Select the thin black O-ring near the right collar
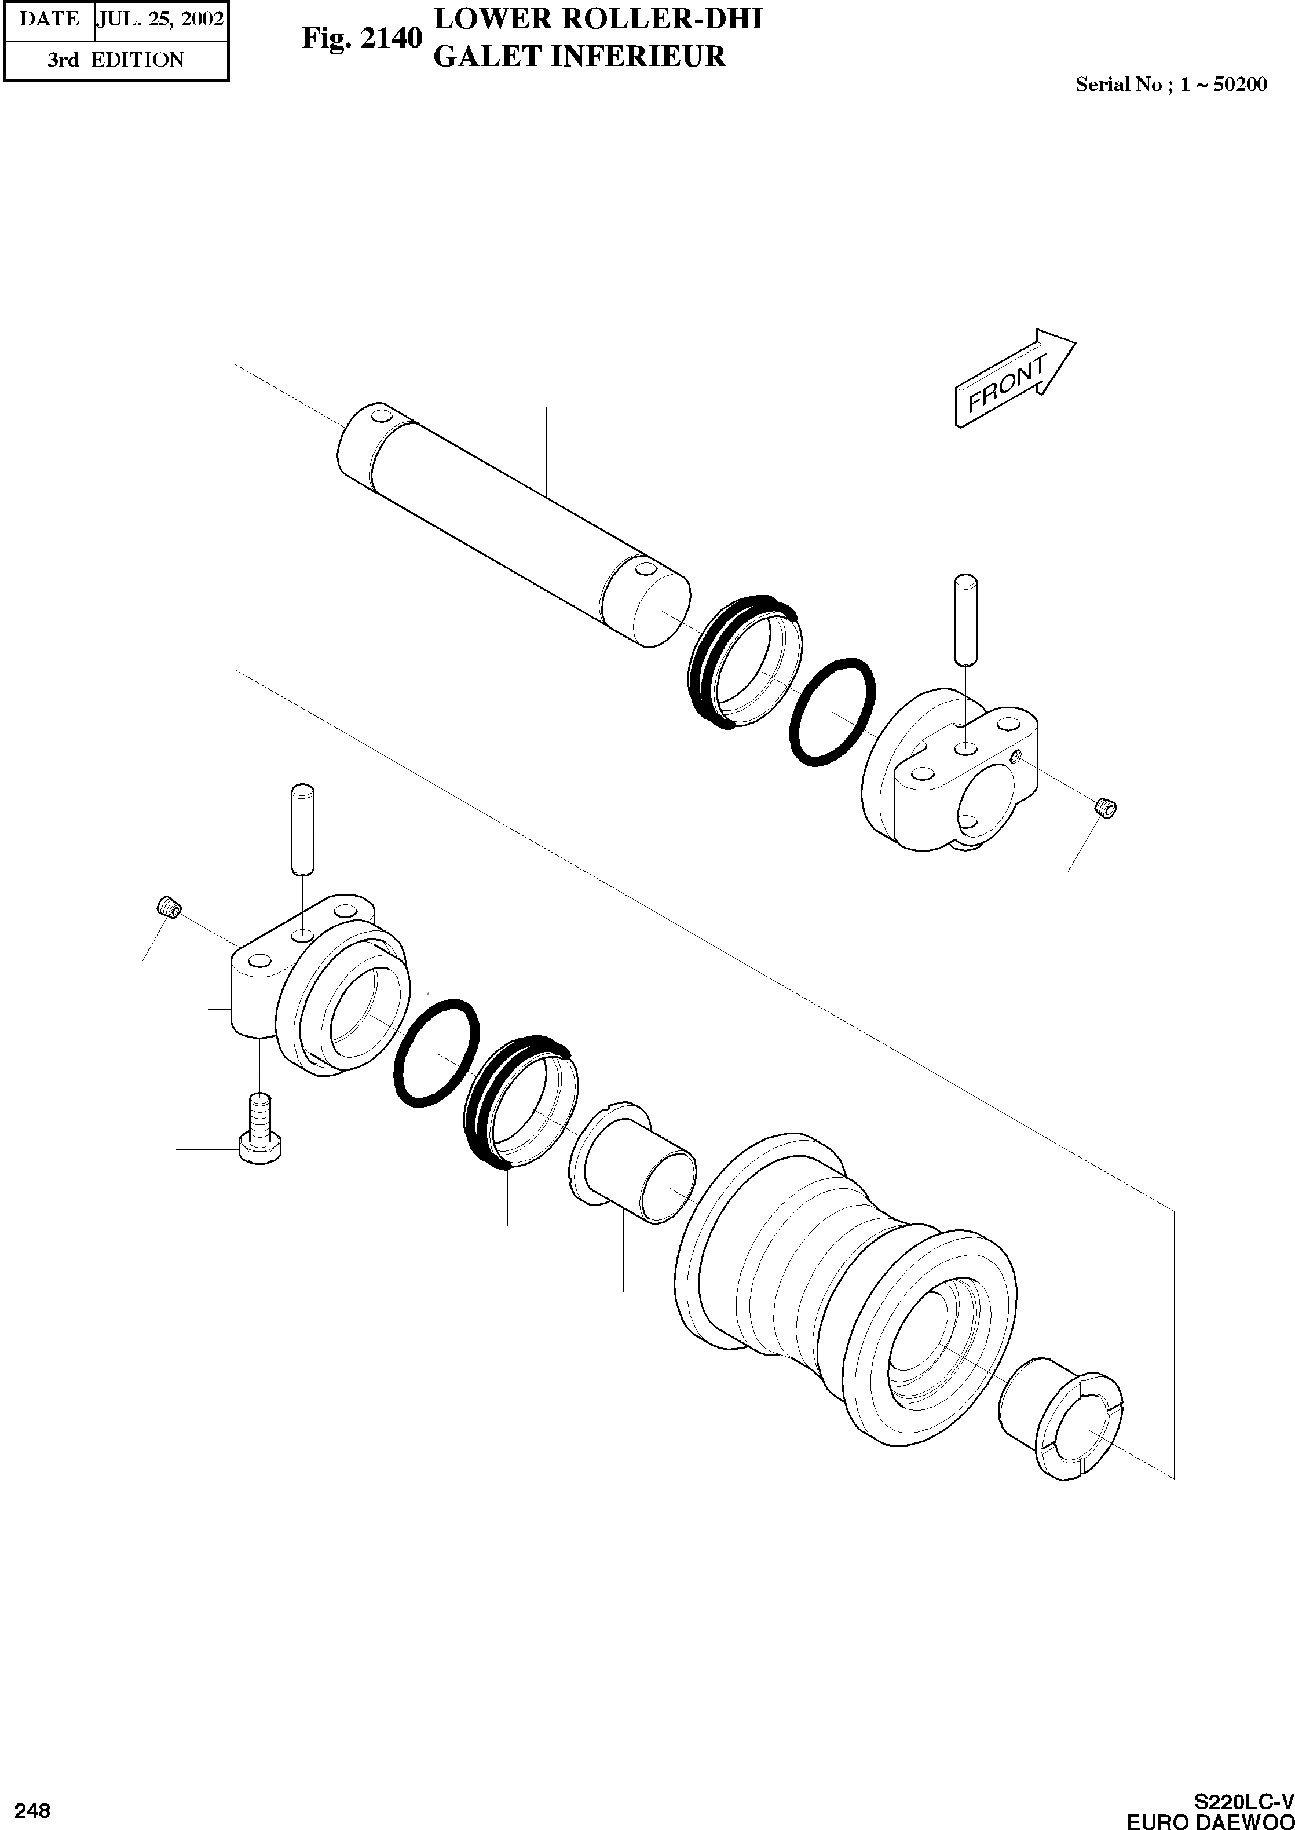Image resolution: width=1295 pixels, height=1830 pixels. pyautogui.click(x=832, y=711)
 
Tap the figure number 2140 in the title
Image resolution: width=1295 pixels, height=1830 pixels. pyautogui.click(x=391, y=38)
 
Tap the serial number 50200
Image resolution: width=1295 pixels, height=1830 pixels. pyautogui.click(x=1239, y=84)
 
